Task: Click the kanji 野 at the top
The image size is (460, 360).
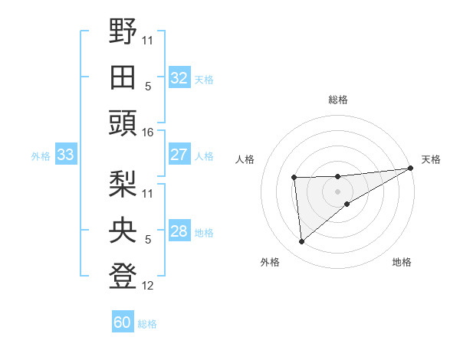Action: point(123,32)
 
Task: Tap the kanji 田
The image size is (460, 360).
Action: point(123,77)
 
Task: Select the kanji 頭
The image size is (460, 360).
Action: point(123,123)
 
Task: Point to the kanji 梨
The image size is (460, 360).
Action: point(123,183)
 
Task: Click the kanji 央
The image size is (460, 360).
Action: point(123,229)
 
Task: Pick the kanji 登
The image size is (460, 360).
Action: point(123,276)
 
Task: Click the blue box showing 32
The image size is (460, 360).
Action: point(179,77)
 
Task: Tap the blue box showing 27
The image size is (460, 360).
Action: point(179,155)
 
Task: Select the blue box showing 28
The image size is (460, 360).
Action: point(179,231)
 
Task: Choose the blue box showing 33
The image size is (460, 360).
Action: point(65,155)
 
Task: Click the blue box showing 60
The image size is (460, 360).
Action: point(123,322)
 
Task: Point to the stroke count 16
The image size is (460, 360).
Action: point(148,133)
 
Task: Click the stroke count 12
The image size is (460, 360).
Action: point(148,286)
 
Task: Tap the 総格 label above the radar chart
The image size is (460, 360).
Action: point(337,100)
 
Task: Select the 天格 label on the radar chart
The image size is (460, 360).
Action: point(431,159)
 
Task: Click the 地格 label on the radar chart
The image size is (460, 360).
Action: point(402,262)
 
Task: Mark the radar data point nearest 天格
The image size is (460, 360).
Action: point(411,168)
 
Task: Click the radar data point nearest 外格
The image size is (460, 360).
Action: point(302,241)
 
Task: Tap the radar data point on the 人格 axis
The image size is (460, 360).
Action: point(294,178)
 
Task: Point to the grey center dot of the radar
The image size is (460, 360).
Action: point(337,191)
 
